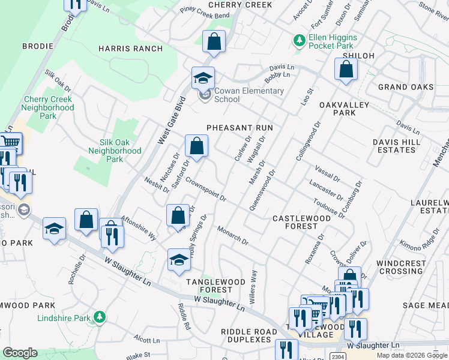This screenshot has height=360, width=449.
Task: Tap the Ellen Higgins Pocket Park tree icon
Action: (x=299, y=41)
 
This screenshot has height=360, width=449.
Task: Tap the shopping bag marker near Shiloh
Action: (x=346, y=70)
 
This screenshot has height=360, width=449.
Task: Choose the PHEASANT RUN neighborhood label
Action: (x=240, y=128)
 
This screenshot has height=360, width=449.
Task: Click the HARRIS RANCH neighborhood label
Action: (x=130, y=49)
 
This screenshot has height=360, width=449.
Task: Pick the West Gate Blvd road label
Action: (x=170, y=119)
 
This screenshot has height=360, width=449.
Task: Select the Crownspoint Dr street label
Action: (x=205, y=188)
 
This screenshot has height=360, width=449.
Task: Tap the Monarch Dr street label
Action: (x=233, y=235)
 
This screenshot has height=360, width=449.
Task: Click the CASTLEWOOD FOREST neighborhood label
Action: (x=301, y=222)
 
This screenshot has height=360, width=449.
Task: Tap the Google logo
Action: (x=19, y=353)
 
